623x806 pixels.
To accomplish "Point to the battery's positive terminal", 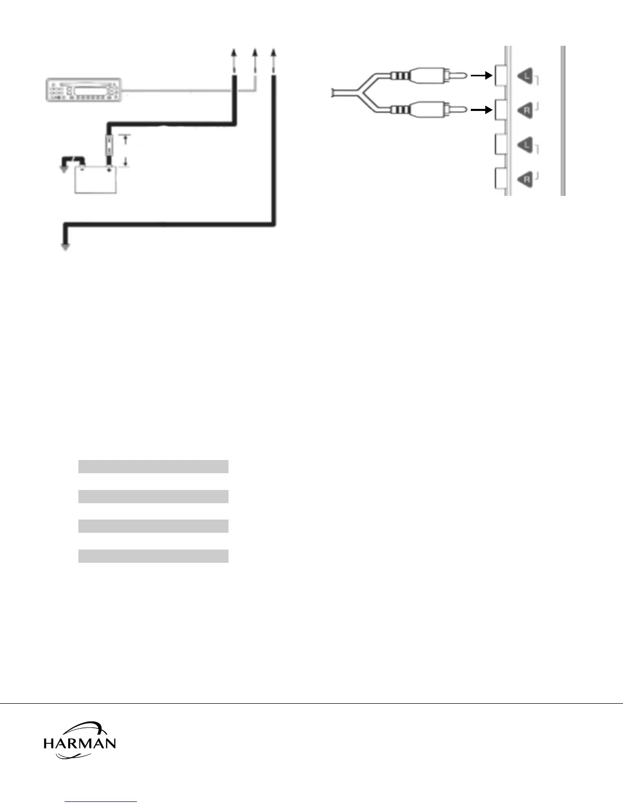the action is (x=108, y=169).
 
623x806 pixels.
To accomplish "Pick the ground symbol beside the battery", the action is (x=64, y=168).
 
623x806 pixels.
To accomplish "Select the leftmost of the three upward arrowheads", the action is (x=234, y=52).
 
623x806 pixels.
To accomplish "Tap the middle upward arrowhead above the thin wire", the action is (x=255, y=52).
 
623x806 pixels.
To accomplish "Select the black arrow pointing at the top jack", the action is (x=482, y=76).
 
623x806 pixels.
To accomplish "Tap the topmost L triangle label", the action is (x=525, y=77).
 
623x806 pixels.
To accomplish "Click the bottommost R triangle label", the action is (x=525, y=179).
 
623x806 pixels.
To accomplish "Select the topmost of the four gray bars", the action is (x=153, y=467).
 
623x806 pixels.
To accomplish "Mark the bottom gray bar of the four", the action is (x=153, y=556).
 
